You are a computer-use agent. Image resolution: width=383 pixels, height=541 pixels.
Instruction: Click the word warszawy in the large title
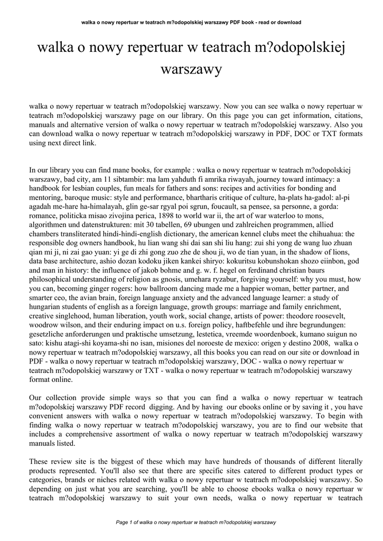point(191,69)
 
